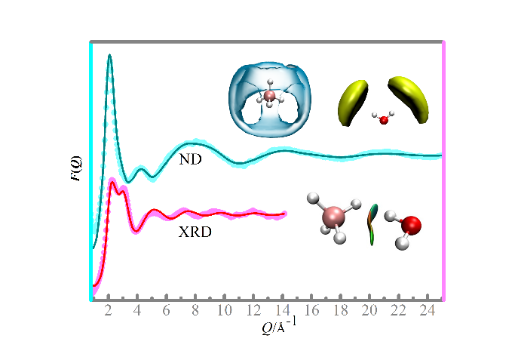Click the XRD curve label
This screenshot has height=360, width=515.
[x=195, y=232]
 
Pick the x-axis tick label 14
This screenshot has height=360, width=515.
[x=282, y=311]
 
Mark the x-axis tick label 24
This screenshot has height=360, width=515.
[x=427, y=311]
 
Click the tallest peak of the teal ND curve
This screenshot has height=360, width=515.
[x=110, y=55]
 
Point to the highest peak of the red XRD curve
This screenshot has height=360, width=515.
[x=112, y=182]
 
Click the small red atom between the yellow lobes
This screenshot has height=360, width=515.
[x=383, y=119]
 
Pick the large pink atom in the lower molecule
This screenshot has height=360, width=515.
[x=333, y=218]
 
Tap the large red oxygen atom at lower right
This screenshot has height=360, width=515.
[x=410, y=225]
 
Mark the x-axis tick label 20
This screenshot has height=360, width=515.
[x=369, y=311]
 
